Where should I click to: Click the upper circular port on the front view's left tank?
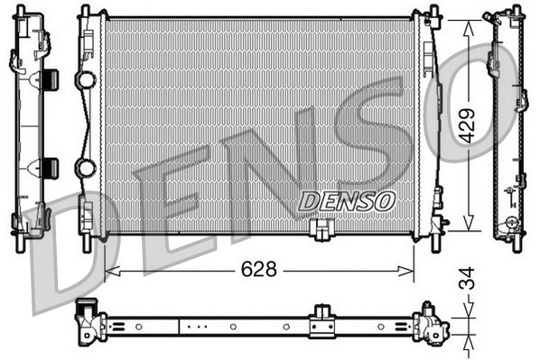pyautogui.click(x=86, y=80)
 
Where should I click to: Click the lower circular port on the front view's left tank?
pyautogui.click(x=86, y=168)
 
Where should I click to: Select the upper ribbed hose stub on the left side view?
pyautogui.click(x=50, y=78)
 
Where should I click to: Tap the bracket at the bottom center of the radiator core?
pyautogui.click(x=319, y=232)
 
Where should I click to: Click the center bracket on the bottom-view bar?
pyautogui.click(x=320, y=322)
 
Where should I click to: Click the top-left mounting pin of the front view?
pyautogui.click(x=85, y=12)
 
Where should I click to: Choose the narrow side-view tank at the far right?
pyautogui.click(x=507, y=126)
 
